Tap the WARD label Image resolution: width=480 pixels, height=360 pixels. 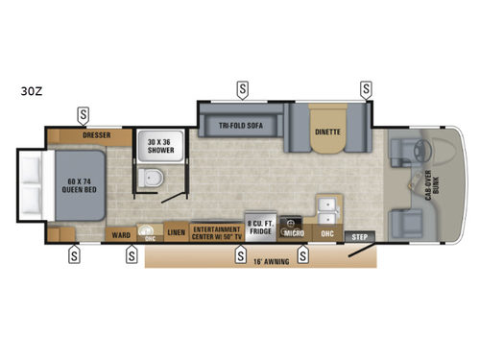pyautogui.click(x=120, y=234)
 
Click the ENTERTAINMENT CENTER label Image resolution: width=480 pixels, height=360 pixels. pyautogui.click(x=216, y=233)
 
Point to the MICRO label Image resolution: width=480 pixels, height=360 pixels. pyautogui.click(x=294, y=233)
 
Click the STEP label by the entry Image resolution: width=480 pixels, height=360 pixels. pyautogui.click(x=359, y=236)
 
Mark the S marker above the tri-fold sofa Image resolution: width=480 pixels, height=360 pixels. pyautogui.click(x=242, y=89)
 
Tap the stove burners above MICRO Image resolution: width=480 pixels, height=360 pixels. pyautogui.click(x=294, y=218)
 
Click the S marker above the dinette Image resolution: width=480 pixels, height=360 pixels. pyautogui.click(x=365, y=89)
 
